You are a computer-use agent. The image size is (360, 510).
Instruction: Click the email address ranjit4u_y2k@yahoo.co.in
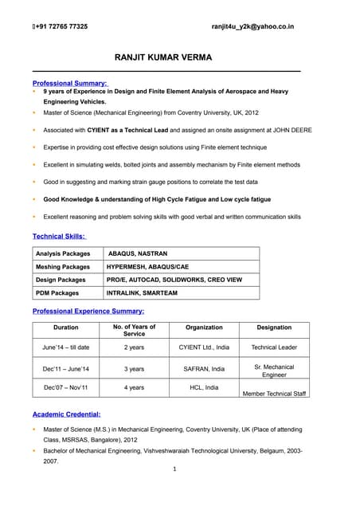point(252,26)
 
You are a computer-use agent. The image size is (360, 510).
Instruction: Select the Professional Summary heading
point(70,83)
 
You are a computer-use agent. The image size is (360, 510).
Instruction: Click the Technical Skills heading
point(59,236)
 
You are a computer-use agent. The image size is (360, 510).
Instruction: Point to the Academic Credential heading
point(66,414)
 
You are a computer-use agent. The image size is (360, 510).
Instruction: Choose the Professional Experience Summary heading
point(88,311)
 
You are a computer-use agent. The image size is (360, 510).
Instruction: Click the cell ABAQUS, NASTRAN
point(138,253)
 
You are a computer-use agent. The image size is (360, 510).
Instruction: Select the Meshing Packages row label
point(63,267)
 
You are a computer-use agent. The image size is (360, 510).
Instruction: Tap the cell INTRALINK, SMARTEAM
point(142,293)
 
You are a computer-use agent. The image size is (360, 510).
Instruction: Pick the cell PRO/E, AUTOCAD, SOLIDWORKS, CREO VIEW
point(174,280)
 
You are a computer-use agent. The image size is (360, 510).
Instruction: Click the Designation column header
point(274,327)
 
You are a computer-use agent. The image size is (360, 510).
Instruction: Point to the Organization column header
point(204,327)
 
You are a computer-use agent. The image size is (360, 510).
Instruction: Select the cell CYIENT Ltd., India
point(204,347)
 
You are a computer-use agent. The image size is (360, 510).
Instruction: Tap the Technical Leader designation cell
point(274,347)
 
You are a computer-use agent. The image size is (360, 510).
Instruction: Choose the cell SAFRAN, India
point(204,369)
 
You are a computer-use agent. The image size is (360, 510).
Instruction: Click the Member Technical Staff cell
point(274,394)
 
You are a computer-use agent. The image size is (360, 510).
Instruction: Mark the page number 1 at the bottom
point(174,469)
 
